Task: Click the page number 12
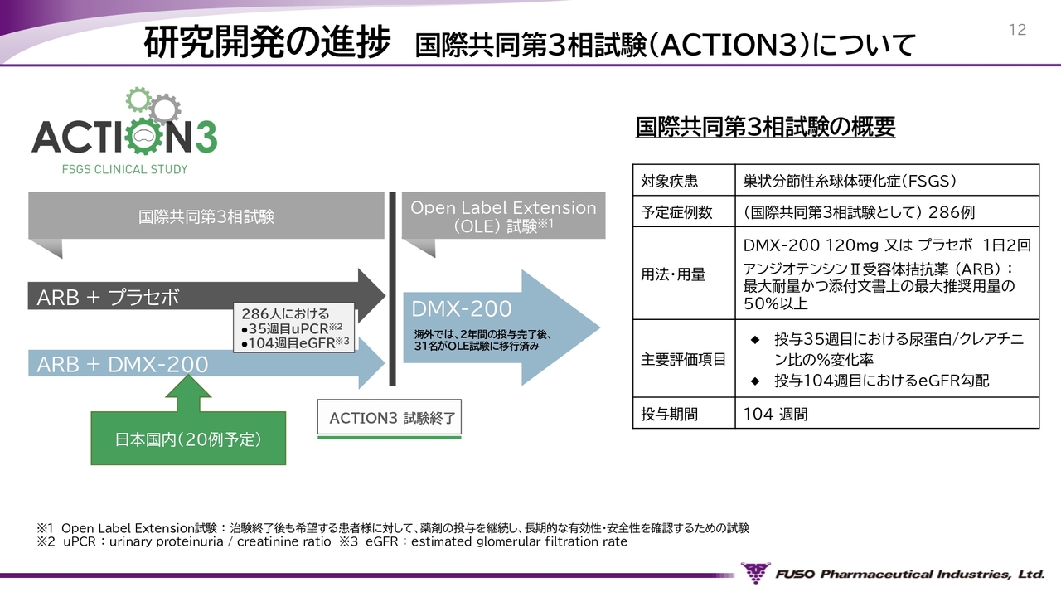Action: tap(1017, 31)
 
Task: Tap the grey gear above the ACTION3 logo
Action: tap(166, 107)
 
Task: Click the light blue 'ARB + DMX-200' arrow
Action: tap(124, 365)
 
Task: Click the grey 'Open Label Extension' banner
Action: tap(503, 216)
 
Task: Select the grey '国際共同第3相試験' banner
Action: tap(206, 218)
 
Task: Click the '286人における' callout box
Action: tap(294, 328)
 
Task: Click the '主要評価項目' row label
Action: tap(683, 359)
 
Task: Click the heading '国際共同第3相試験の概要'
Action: tap(765, 127)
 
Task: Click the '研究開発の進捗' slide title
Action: tap(267, 43)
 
